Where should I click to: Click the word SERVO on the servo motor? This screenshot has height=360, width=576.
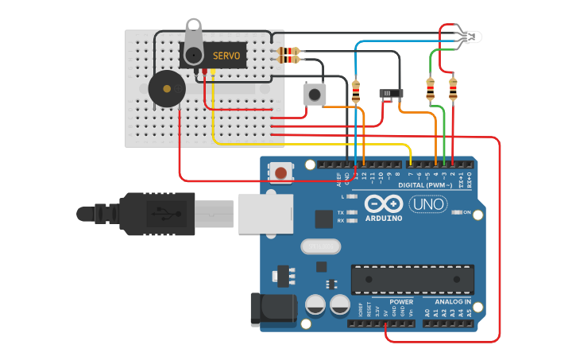point(227,56)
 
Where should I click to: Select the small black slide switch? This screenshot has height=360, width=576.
point(389,94)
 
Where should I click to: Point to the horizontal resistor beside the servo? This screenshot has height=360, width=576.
point(288,55)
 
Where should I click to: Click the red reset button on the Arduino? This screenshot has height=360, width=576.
point(280,172)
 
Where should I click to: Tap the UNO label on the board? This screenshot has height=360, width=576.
point(427,204)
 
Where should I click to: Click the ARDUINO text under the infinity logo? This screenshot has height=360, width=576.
point(385,218)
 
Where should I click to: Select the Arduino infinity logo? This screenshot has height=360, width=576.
point(385,204)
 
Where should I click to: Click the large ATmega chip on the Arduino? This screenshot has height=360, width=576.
point(412,279)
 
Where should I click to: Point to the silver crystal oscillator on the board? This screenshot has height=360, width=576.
point(320,247)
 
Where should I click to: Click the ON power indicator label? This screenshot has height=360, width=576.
point(466,212)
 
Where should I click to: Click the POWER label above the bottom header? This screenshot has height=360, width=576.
point(401,302)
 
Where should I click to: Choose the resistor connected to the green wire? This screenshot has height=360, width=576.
point(431,90)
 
